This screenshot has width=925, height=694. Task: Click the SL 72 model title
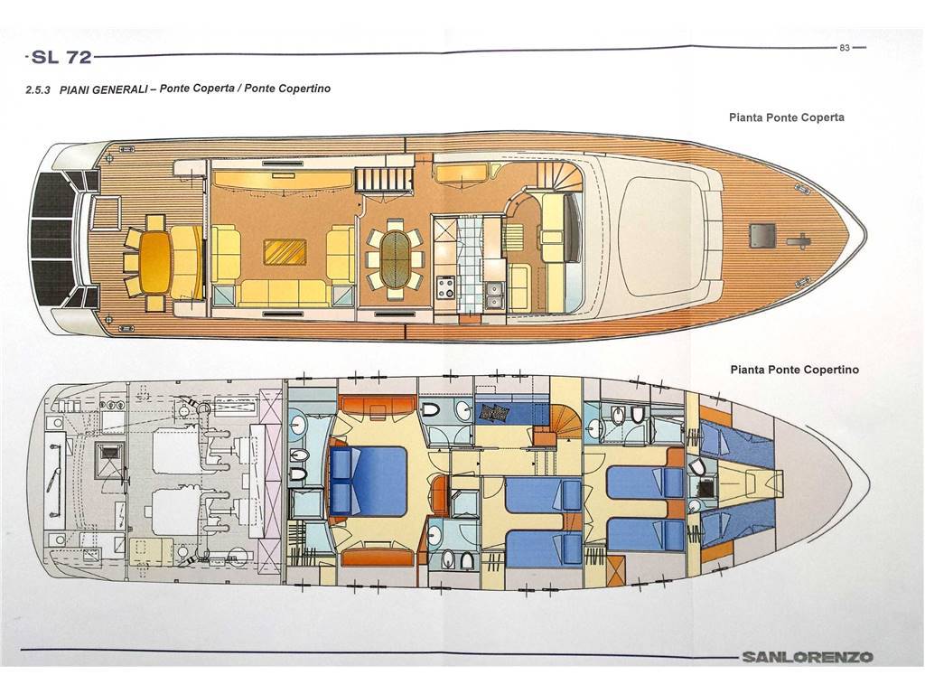pyautogui.click(x=62, y=57)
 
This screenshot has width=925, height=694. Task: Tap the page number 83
pyautogui.click(x=845, y=48)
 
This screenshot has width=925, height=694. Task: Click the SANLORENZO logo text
pyautogui.click(x=807, y=657)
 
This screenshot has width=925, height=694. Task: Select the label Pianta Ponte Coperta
pyautogui.click(x=787, y=117)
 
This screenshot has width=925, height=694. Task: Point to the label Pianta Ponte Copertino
pyautogui.click(x=794, y=370)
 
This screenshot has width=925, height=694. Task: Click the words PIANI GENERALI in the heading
pyautogui.click(x=103, y=89)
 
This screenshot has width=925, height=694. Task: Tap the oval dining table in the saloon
pyautogui.click(x=395, y=259)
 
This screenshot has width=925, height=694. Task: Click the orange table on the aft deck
pyautogui.click(x=154, y=261)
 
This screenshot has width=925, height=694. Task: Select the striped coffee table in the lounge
pyautogui.click(x=285, y=252)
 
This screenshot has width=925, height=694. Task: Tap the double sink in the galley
pyautogui.click(x=494, y=295)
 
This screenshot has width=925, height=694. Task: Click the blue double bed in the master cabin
pyautogui.click(x=369, y=481)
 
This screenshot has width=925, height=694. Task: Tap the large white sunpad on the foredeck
pyautogui.click(x=664, y=236)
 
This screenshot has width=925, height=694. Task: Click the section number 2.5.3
pyautogui.click(x=40, y=90)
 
